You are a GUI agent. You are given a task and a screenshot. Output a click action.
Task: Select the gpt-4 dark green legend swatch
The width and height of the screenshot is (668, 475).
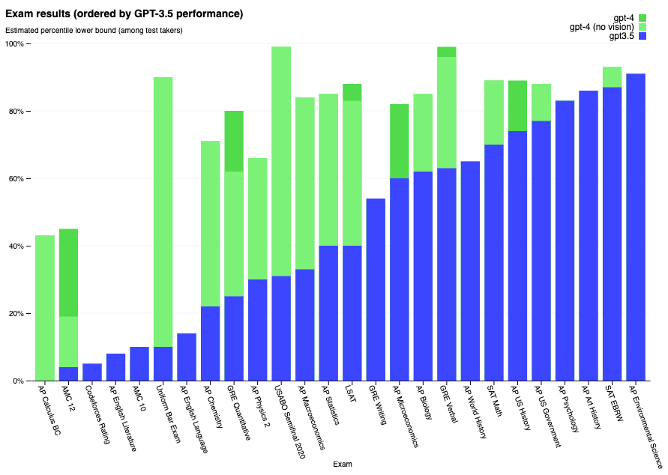(x=641, y=17)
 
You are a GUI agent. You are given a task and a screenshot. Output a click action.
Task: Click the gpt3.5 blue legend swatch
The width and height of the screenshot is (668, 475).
(x=641, y=37)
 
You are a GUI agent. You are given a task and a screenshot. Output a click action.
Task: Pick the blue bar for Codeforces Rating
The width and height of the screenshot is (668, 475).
(x=92, y=372)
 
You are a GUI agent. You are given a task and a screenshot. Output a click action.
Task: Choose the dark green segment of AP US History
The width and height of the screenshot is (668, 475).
(x=517, y=106)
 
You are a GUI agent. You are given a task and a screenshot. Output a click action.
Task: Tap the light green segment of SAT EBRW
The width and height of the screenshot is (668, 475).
(x=612, y=77)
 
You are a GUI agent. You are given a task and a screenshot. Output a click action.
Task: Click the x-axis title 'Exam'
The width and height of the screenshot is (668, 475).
(x=343, y=465)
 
